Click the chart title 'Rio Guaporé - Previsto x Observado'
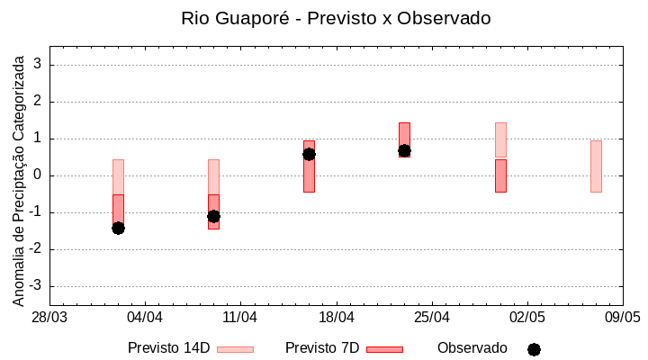pyautogui.click(x=336, y=18)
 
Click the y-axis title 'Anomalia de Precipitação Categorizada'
pyautogui.click(x=19, y=176)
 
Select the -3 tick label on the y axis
pyautogui.click(x=36, y=286)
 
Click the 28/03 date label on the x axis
pyautogui.click(x=49, y=318)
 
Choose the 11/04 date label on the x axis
pyautogui.click(x=240, y=318)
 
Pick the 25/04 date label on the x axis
pyautogui.click(x=432, y=318)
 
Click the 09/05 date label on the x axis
pyautogui.click(x=622, y=318)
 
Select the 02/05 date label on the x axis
pyautogui.click(x=527, y=318)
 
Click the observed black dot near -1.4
pyautogui.click(x=118, y=228)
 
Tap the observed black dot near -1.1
pyautogui.click(x=213, y=216)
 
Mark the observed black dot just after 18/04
pyautogui.click(x=309, y=154)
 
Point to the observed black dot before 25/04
pyautogui.click(x=404, y=150)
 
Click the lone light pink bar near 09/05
pyautogui.click(x=596, y=166)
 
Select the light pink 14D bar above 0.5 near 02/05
pyautogui.click(x=500, y=139)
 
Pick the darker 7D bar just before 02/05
pyautogui.click(x=500, y=175)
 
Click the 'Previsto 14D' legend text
pyautogui.click(x=168, y=348)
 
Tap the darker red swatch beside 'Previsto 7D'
pyautogui.click(x=384, y=348)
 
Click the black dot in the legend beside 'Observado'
pyautogui.click(x=534, y=349)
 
